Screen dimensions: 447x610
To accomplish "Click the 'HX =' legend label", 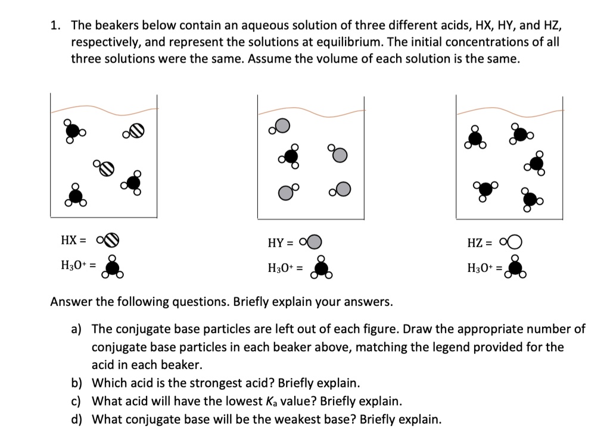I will pyautogui.click(x=73, y=240).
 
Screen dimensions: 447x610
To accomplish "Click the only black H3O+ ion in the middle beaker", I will pyautogui.click(x=290, y=156).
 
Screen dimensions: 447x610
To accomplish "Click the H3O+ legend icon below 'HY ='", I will pyautogui.click(x=322, y=268).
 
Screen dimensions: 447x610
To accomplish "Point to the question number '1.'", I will pyautogui.click(x=55, y=26).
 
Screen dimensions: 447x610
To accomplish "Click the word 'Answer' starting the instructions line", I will pyautogui.click(x=70, y=302).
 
